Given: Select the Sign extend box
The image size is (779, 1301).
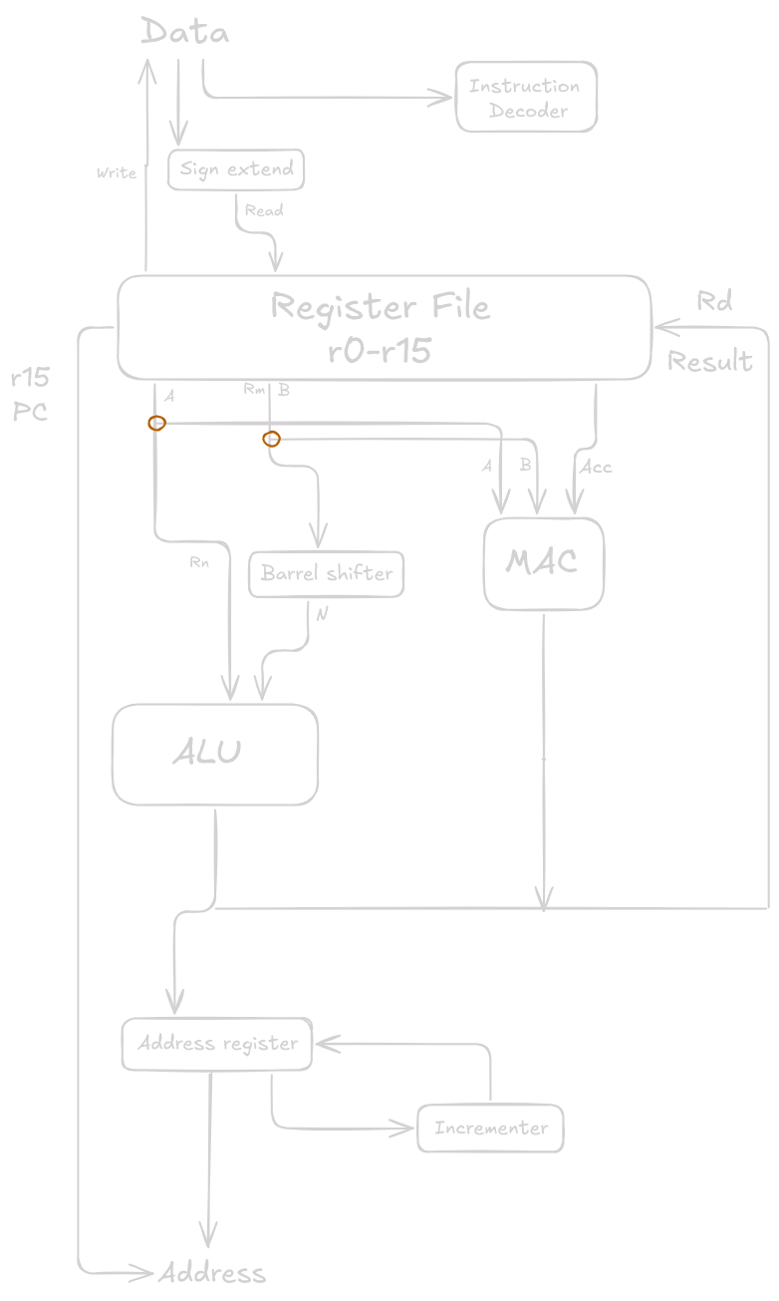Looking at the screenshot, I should [x=236, y=169].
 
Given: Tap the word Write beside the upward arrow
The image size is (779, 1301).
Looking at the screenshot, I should [x=116, y=173].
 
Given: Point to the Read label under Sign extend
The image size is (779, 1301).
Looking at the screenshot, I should [x=264, y=210].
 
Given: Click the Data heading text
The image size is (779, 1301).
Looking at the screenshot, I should [x=185, y=32].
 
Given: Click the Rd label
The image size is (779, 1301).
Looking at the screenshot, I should [x=714, y=302].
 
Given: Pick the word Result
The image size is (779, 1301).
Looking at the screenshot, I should [x=709, y=361].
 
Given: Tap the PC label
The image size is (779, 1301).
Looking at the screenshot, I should [x=30, y=411].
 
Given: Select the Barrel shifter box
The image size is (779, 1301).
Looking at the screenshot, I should [x=326, y=573].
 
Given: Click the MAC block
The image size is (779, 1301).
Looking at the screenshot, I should [x=543, y=562].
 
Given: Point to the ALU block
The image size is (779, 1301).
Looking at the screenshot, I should [x=214, y=753].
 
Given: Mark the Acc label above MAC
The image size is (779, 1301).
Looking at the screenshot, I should [x=596, y=467].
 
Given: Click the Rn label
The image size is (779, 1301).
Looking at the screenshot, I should [x=198, y=562].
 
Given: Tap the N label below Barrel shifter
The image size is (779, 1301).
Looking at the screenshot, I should [x=322, y=614].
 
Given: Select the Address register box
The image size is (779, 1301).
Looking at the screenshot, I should [x=216, y=1044].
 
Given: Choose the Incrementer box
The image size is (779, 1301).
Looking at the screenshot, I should [x=490, y=1129].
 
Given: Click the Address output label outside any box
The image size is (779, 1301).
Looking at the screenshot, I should [x=212, y=1273].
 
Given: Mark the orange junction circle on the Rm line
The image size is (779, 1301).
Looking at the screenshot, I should [x=271, y=439].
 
